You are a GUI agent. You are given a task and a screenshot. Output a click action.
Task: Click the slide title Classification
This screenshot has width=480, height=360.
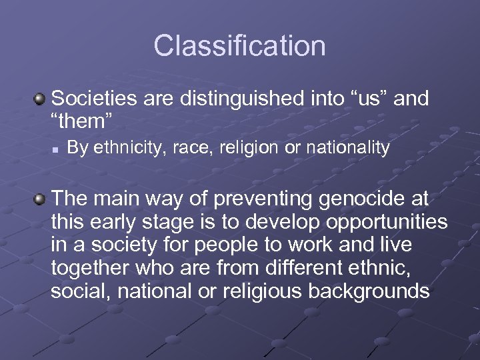click(239, 46)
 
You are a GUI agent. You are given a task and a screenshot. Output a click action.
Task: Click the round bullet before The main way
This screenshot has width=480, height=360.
click(40, 199)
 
